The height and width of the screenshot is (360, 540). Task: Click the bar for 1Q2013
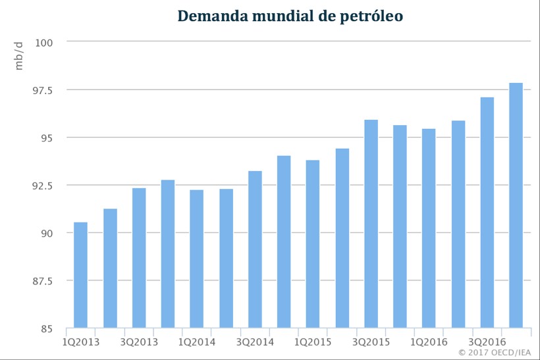pos(80,275)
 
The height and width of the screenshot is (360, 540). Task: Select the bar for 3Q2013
pos(139,258)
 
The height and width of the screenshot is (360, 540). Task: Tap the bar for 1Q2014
pos(197,259)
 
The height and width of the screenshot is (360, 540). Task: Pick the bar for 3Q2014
pos(255,249)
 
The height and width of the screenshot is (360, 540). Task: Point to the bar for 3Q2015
pos(371,224)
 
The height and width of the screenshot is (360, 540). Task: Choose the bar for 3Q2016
pos(487,213)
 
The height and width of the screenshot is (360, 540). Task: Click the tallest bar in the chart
pos(516,205)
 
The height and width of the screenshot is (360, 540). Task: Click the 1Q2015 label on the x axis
pos(313,342)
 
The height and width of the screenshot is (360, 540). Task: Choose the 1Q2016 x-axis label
pos(429,342)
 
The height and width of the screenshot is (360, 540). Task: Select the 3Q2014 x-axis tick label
pos(255,342)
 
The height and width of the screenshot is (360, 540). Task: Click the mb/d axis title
pos(19,55)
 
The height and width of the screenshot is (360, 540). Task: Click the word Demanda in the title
pos(209,16)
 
